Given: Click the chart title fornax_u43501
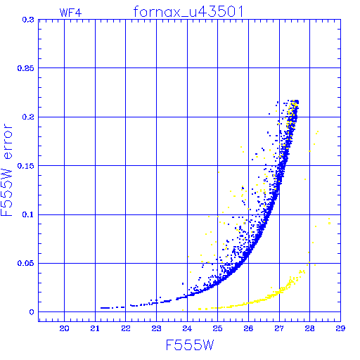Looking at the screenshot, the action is [x=188, y=12].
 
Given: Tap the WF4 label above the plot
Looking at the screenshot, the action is [x=70, y=13].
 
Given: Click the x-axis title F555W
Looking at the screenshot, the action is [x=190, y=345].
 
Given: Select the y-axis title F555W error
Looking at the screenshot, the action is [x=6, y=170].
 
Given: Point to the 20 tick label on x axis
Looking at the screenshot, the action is [x=64, y=328].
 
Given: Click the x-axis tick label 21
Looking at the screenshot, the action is [x=95, y=328].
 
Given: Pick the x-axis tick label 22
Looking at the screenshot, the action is [x=126, y=328].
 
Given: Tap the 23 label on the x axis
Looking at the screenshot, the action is [x=156, y=328].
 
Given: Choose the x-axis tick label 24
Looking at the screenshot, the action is [x=187, y=328].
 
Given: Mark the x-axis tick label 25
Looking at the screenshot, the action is [x=217, y=328].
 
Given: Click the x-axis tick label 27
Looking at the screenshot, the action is [x=279, y=328].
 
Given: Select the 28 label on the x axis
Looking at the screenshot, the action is [x=309, y=328].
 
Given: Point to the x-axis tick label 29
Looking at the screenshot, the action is [x=340, y=328].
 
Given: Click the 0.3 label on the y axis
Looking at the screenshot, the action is [x=28, y=20].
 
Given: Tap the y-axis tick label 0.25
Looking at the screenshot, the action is [x=26, y=68].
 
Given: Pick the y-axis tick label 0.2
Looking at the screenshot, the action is [x=28, y=117].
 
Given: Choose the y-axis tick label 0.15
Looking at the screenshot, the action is [x=26, y=166].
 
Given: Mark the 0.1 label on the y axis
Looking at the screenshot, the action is [x=28, y=214].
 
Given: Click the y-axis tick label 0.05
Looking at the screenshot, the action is [x=26, y=263].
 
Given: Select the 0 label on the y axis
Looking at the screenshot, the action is [x=32, y=312].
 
